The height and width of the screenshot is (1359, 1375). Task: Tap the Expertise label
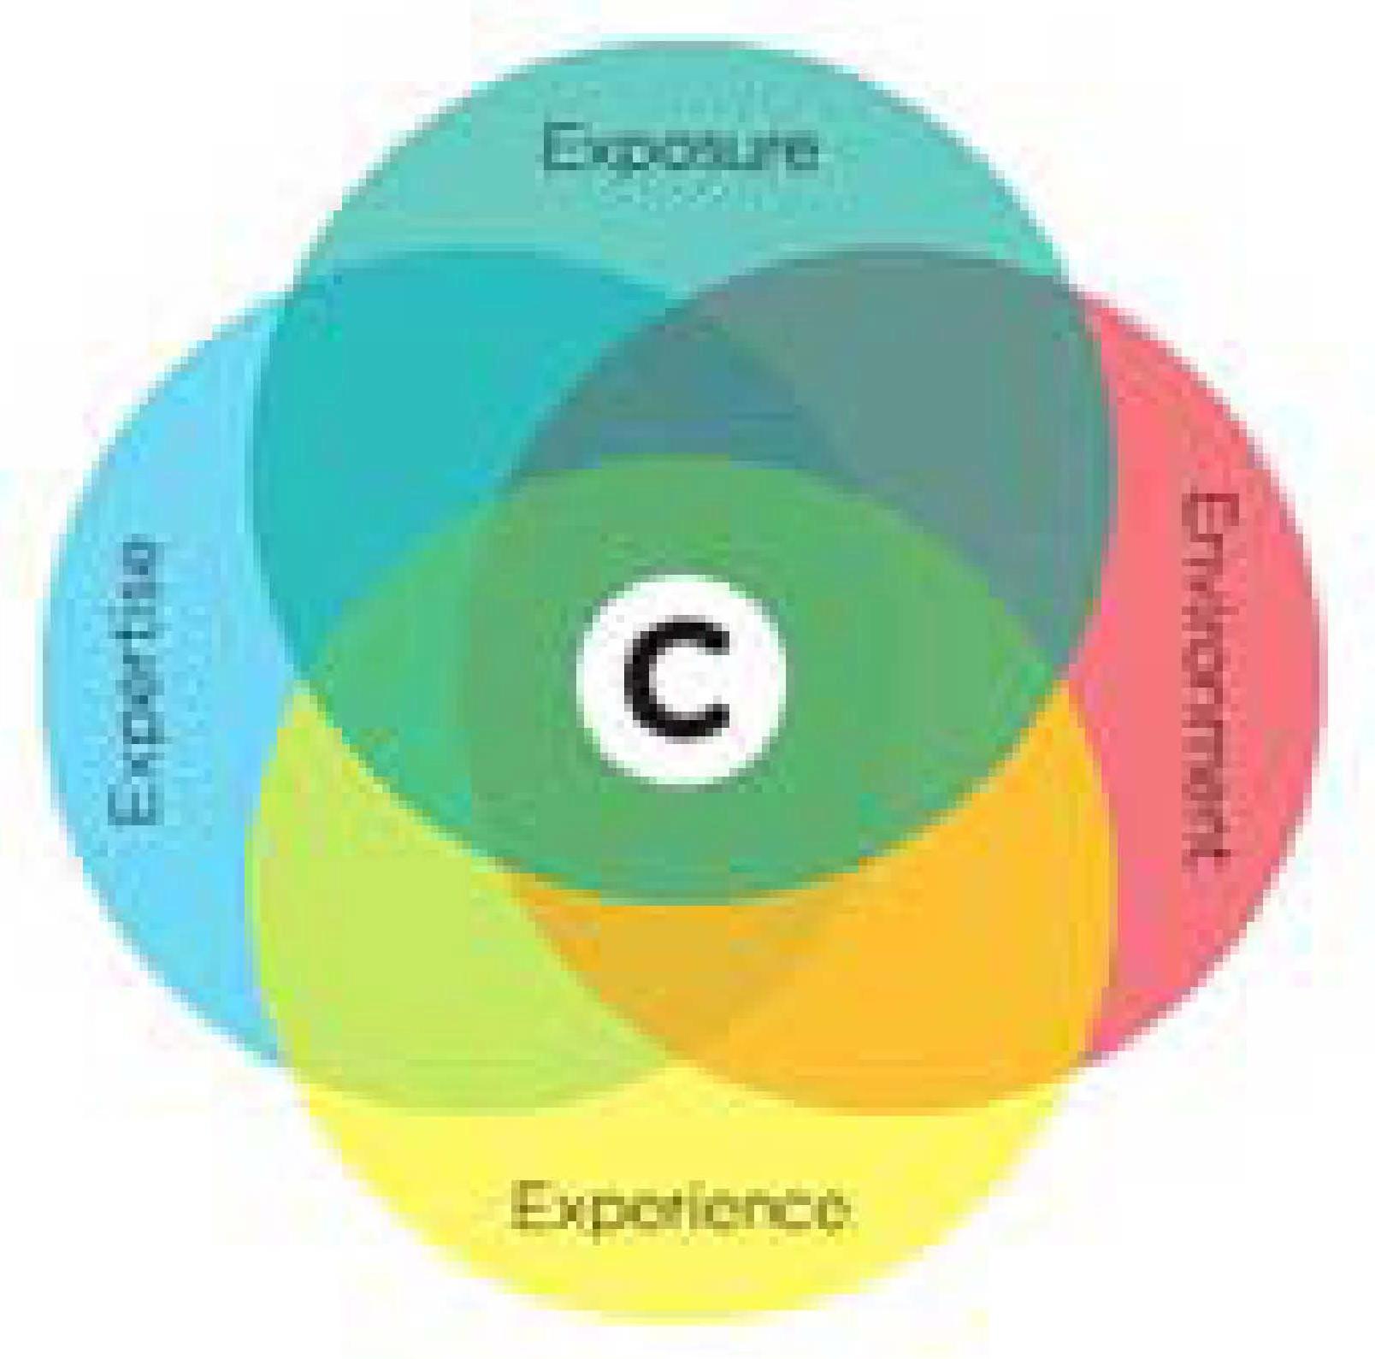click(x=135, y=680)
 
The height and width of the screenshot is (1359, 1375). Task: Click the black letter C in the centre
click(x=678, y=680)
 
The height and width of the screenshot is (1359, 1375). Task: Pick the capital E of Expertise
click(x=135, y=808)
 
